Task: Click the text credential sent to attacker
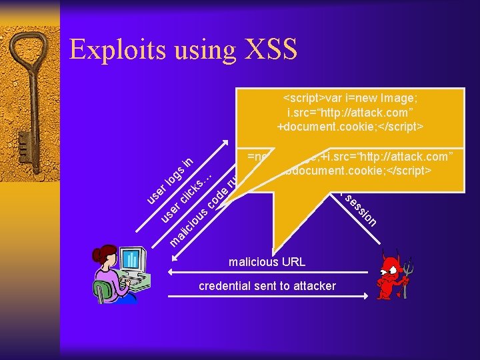pos(267,286)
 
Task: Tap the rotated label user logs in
pos(170,179)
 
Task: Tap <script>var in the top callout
pos(309,98)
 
